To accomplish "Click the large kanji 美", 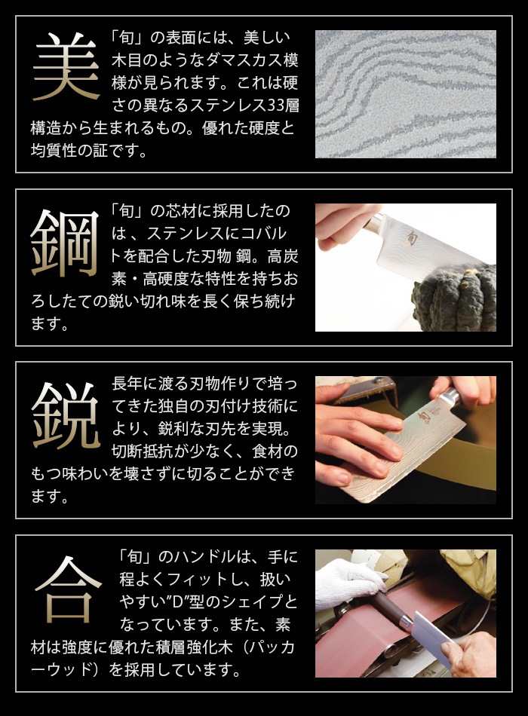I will coord(66,68).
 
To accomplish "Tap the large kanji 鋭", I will coord(66,415).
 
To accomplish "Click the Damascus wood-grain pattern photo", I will coord(405,93).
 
